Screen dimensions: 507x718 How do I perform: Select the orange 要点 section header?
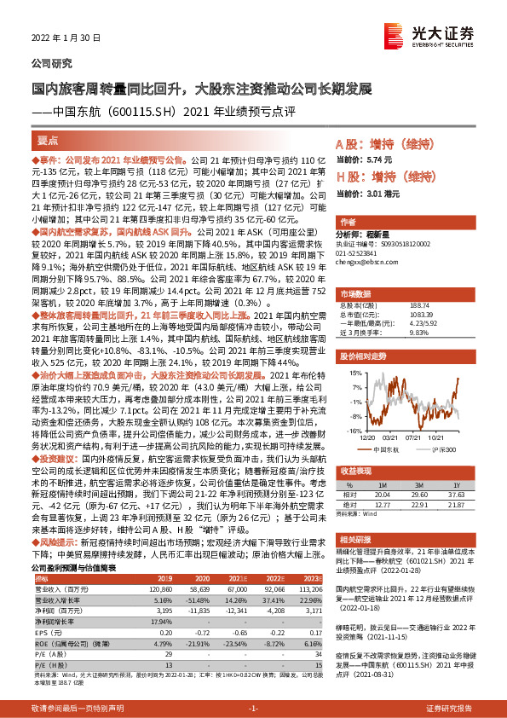[x=49, y=141]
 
